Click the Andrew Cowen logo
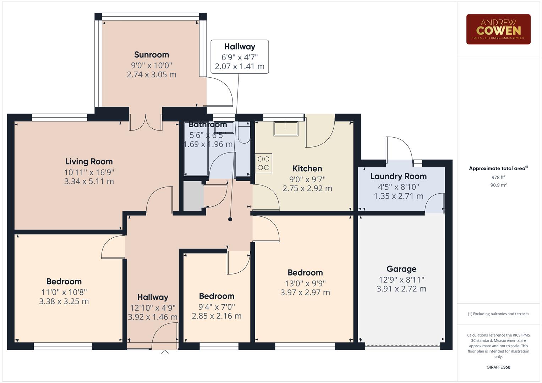click(x=498, y=29)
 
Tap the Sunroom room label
click(x=152, y=55)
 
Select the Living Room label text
click(x=89, y=162)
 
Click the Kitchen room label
click(x=307, y=168)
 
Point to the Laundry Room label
click(x=398, y=176)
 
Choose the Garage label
click(x=401, y=269)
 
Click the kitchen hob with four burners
click(x=263, y=163)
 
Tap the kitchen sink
click(x=286, y=129)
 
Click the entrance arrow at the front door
click(x=165, y=353)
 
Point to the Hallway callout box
click(x=240, y=57)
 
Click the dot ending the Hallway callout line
click(x=230, y=220)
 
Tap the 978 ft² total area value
click(x=498, y=177)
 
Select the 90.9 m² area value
click(x=498, y=185)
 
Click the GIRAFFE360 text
click(x=498, y=367)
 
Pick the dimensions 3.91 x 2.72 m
click(x=401, y=289)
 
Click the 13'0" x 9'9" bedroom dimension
click(x=305, y=283)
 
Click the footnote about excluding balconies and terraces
click(x=498, y=314)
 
